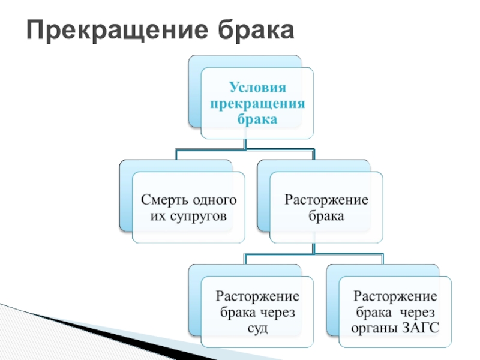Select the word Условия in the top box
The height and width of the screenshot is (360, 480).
[x=257, y=88]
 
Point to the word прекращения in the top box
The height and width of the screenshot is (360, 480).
[x=257, y=103]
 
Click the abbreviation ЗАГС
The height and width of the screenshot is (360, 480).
[x=419, y=328]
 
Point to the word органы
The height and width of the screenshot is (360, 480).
[x=374, y=328]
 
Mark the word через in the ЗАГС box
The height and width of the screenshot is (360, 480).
[x=417, y=313]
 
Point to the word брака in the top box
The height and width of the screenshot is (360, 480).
[x=257, y=119]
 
